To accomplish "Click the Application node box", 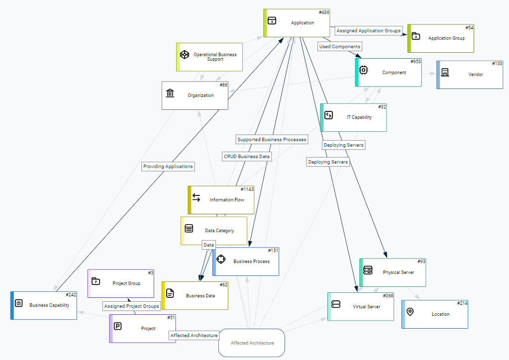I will click(x=297, y=23).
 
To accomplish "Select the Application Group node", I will click(x=441, y=38).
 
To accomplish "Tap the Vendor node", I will click(x=470, y=75).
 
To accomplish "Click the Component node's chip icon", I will click(x=364, y=70).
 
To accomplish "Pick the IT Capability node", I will click(x=354, y=117).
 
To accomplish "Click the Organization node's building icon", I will click(x=170, y=93).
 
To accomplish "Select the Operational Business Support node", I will click(x=210, y=57).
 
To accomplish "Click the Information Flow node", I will click(x=222, y=200).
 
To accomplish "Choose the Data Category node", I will click(x=214, y=231).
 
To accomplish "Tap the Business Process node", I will click(x=246, y=261).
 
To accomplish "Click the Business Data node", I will click(x=196, y=295).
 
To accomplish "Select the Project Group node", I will click(x=121, y=283).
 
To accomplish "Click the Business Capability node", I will click(x=44, y=305).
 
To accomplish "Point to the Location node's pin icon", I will click(x=410, y=312).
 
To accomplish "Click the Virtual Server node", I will click(x=361, y=307).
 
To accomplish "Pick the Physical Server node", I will click(x=393, y=272).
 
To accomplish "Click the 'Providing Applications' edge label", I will click(x=168, y=167).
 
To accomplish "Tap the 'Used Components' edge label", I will click(x=340, y=46).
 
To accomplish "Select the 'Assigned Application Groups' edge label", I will click(x=368, y=31).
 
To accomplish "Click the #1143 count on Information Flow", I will click(x=247, y=189).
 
